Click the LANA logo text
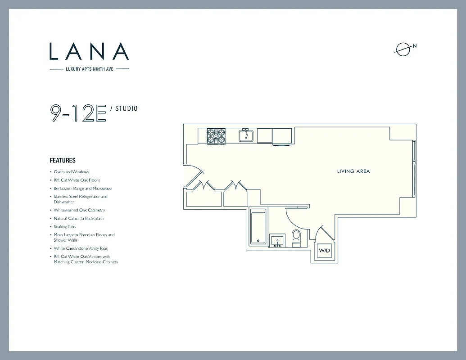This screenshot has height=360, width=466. click(x=89, y=51)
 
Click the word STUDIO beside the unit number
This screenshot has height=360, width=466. click(x=127, y=108)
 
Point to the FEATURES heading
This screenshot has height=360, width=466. click(x=63, y=160)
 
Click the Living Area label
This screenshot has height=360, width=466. click(x=353, y=171)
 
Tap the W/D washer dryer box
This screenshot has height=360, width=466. click(x=324, y=250)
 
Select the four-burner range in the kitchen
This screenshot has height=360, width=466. click(x=216, y=136)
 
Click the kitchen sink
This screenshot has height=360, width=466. click(x=246, y=135)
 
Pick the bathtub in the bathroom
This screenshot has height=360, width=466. click(x=258, y=227)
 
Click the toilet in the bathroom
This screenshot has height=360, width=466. click(x=296, y=237)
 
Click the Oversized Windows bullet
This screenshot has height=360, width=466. click(x=71, y=172)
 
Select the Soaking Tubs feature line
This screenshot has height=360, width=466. click(x=65, y=227)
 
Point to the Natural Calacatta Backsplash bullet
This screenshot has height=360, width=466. click(x=78, y=218)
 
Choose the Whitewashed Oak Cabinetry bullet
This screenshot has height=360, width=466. click(x=79, y=210)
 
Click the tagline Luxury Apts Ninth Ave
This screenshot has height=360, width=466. click(x=89, y=69)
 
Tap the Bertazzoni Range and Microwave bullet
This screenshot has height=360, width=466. click(x=82, y=189)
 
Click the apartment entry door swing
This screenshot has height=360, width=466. click(x=195, y=175)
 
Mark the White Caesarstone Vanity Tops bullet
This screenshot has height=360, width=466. click(x=81, y=248)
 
